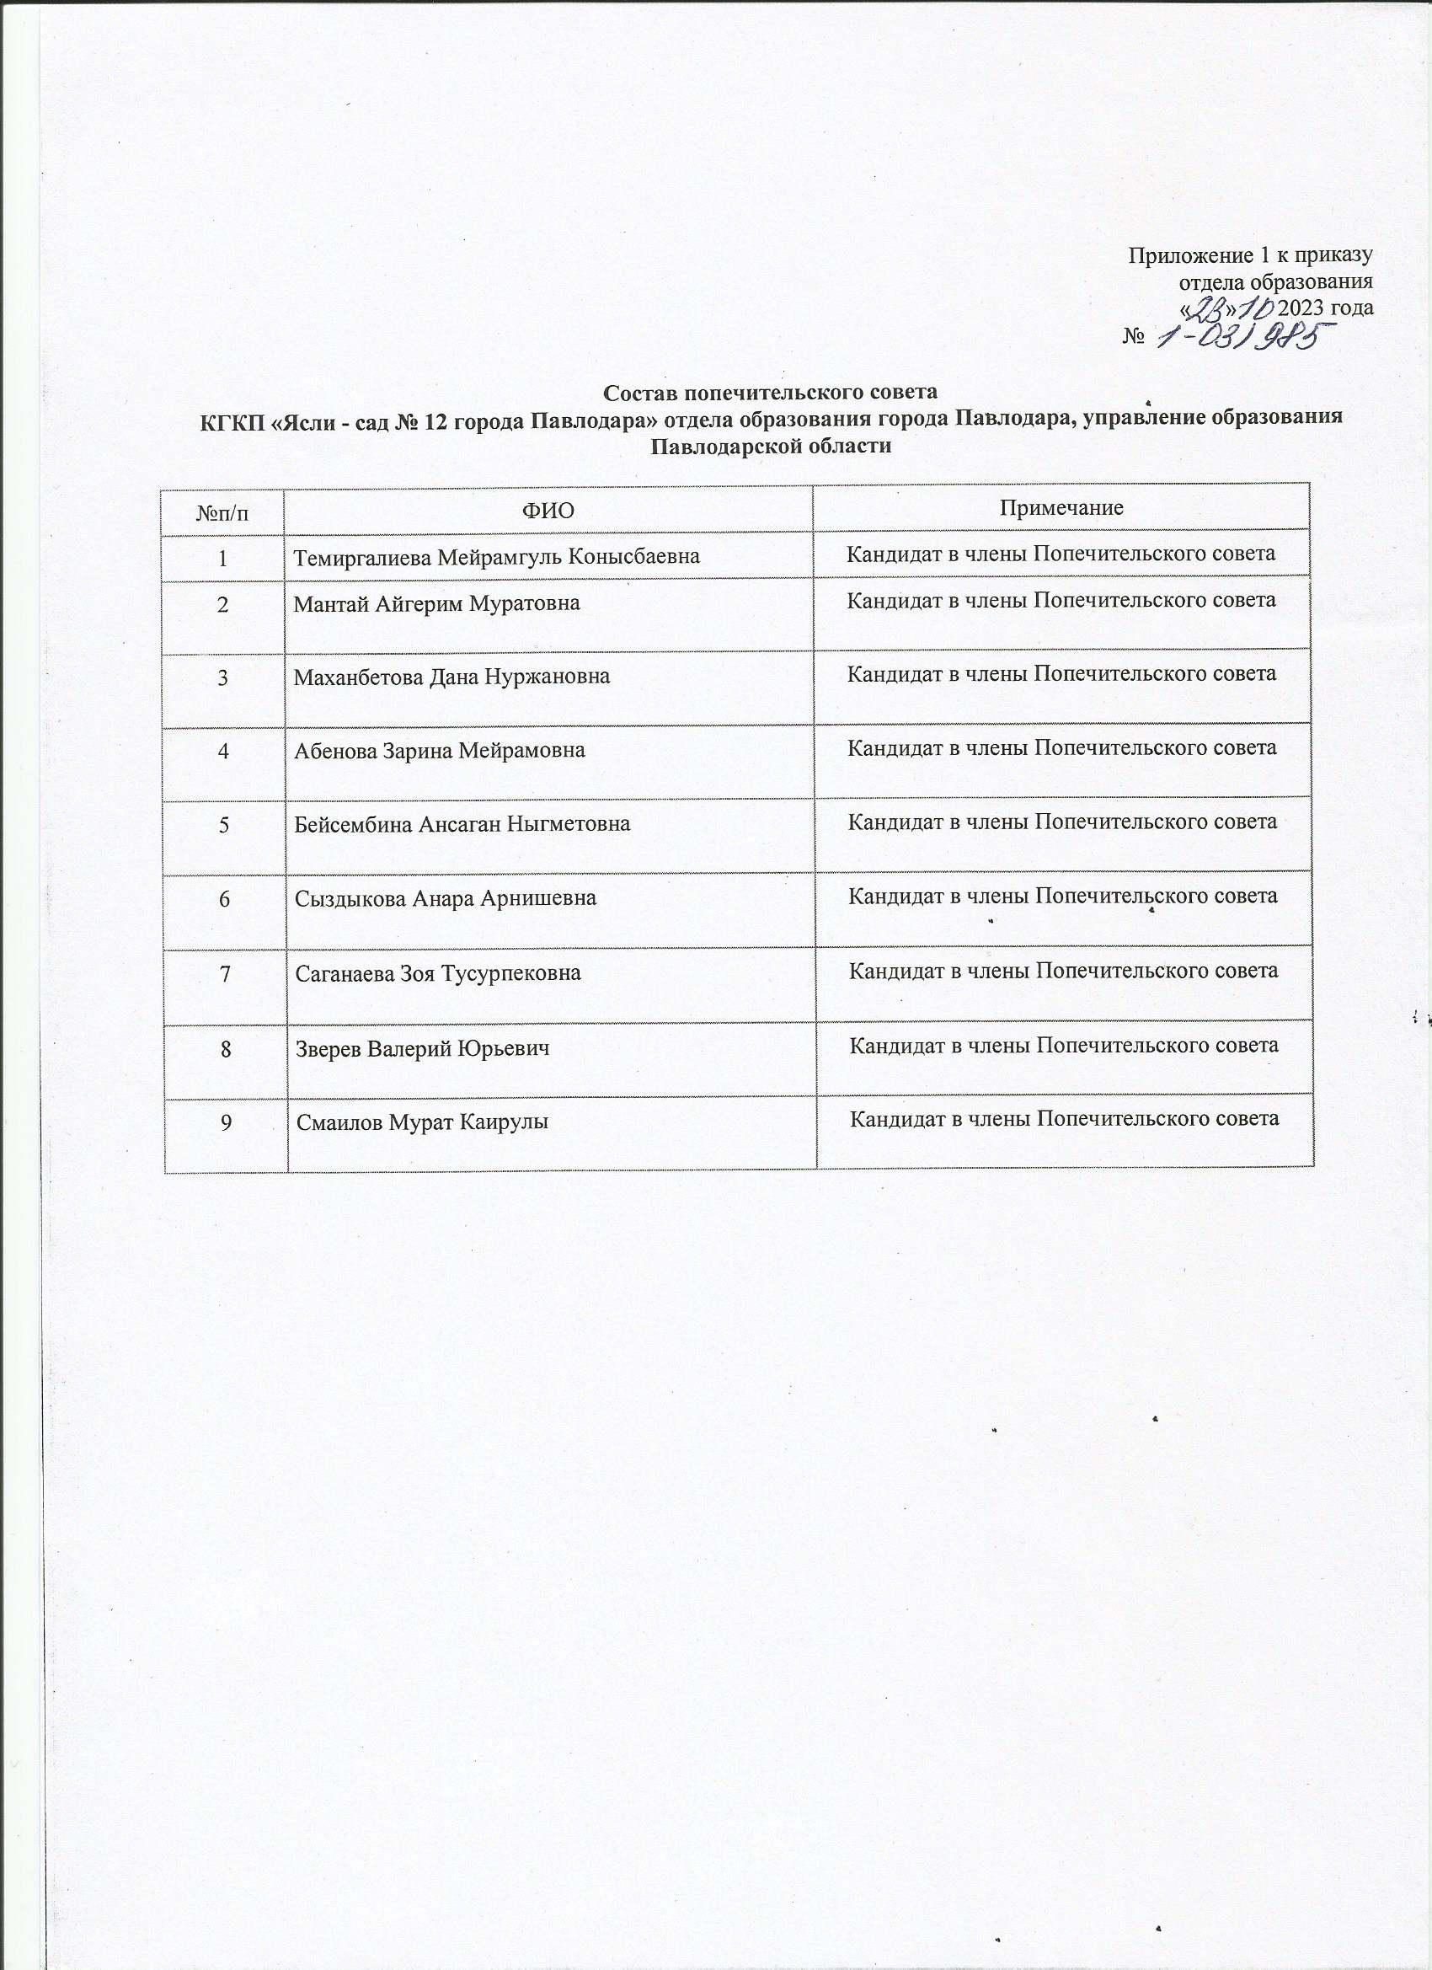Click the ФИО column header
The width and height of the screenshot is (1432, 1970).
click(548, 510)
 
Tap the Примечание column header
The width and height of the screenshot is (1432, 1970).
click(1061, 508)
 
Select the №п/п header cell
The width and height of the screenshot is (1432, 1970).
click(223, 511)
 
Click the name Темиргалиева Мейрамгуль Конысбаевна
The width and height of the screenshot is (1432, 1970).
click(497, 557)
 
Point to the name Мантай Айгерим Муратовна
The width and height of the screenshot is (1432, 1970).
click(437, 602)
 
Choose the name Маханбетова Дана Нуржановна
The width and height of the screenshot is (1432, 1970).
click(452, 677)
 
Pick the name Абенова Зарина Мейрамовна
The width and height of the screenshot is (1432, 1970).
click(440, 751)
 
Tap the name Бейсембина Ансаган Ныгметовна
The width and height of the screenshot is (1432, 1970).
click(462, 824)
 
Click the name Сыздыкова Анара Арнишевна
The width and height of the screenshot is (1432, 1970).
click(446, 898)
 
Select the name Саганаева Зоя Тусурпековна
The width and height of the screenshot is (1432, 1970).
click(438, 974)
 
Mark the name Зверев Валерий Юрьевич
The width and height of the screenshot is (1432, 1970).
click(422, 1048)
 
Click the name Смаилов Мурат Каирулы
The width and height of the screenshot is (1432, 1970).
click(422, 1122)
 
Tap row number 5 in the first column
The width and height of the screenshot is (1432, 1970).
click(224, 824)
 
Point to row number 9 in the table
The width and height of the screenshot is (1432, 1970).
click(226, 1122)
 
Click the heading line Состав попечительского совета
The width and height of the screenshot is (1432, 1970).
click(771, 393)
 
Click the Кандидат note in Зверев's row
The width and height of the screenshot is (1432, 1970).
click(1064, 1045)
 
